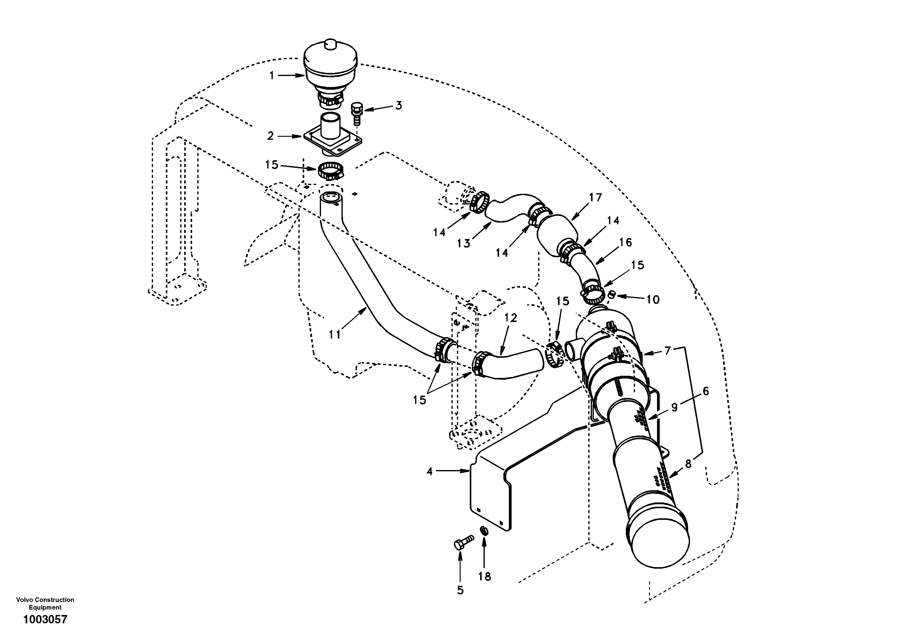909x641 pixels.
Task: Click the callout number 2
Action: [270, 136]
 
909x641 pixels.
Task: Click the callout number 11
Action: [334, 335]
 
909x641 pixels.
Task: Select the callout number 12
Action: [511, 318]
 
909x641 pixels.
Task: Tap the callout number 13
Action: [463, 243]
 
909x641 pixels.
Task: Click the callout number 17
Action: [595, 197]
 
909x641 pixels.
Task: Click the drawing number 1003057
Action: [45, 619]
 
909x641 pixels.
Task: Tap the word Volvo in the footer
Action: [24, 600]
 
